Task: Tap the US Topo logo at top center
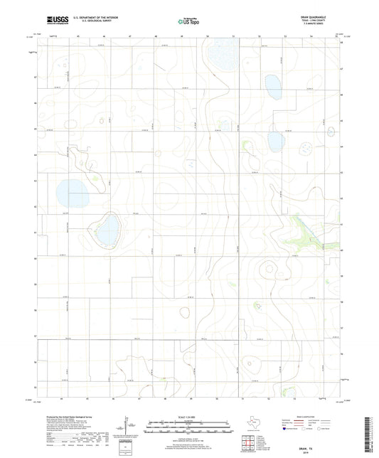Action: click(188, 22)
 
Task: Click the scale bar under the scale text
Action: click(188, 425)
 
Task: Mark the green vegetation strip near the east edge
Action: click(303, 230)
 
